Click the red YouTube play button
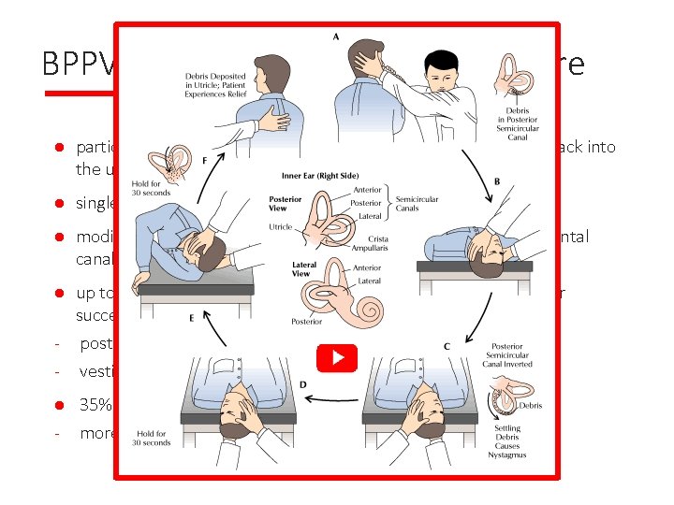tap(337, 358)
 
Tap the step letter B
tap(495, 180)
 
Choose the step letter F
tap(204, 161)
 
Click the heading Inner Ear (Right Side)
tap(320, 175)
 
